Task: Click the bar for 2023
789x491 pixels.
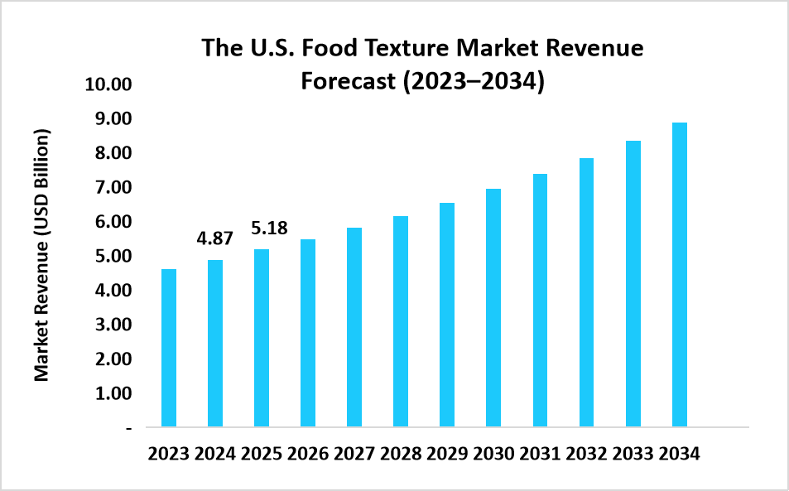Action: [169, 348]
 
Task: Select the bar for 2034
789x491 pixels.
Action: [680, 275]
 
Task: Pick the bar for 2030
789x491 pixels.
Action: [493, 308]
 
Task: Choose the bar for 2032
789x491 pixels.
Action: [586, 292]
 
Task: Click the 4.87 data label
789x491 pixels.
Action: [214, 238]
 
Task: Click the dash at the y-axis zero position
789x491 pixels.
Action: [128, 428]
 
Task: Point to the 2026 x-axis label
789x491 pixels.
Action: [308, 455]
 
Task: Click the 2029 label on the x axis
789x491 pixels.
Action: [447, 455]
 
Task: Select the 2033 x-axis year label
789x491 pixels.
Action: [633, 455]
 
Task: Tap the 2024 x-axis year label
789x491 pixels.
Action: [215, 455]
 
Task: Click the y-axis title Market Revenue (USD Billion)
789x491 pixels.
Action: [42, 255]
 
